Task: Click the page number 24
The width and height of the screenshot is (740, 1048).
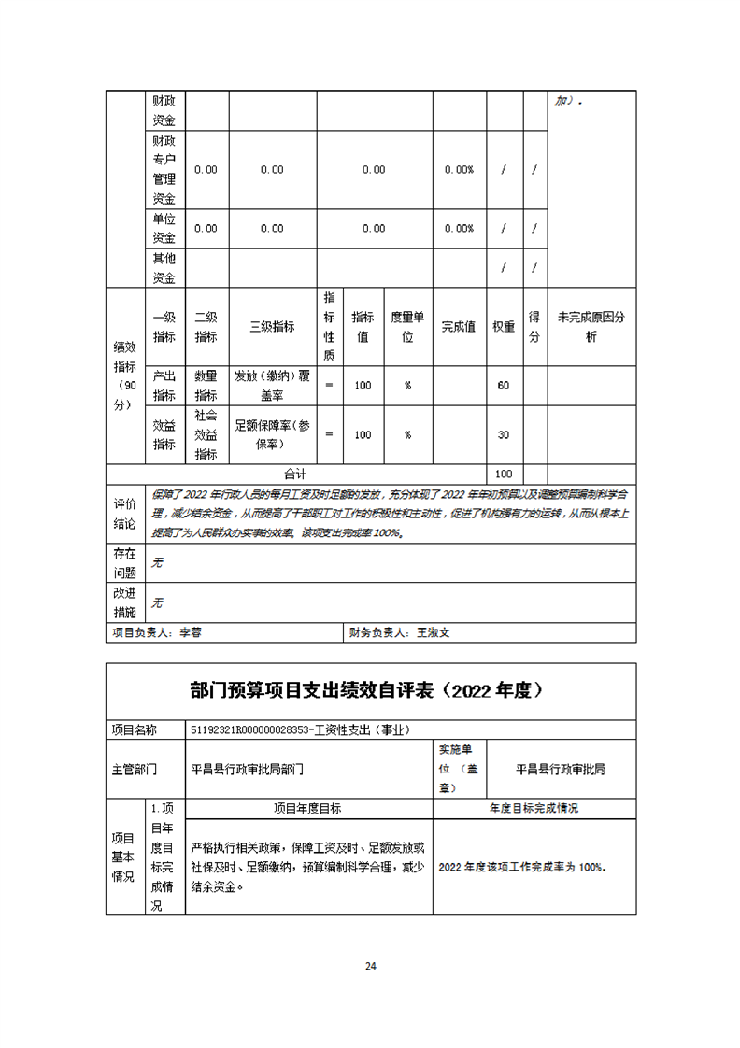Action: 370,966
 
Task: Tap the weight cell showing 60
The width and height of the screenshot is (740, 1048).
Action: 504,386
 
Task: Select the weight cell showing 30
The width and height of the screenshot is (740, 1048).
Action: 504,434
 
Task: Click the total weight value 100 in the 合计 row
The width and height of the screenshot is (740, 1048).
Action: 504,474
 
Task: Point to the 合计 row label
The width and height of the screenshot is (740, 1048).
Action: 295,474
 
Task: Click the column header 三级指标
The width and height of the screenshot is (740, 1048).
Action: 272,326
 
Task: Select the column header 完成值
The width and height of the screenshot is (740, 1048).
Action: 459,326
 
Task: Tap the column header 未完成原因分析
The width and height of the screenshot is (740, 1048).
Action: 591,326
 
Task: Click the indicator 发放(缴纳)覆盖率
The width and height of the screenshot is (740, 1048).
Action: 272,386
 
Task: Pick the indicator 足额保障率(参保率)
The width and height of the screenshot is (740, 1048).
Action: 272,434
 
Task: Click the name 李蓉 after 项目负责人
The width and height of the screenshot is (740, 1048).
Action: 191,632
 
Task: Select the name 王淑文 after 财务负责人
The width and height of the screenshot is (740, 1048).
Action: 433,632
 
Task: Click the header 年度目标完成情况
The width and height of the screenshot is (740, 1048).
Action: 534,808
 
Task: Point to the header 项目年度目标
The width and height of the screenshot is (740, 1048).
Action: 307,808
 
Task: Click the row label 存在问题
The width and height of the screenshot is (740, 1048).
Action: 124,563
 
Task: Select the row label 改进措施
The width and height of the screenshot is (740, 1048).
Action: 124,603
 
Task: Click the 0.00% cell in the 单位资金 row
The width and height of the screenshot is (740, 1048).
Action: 459,228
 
